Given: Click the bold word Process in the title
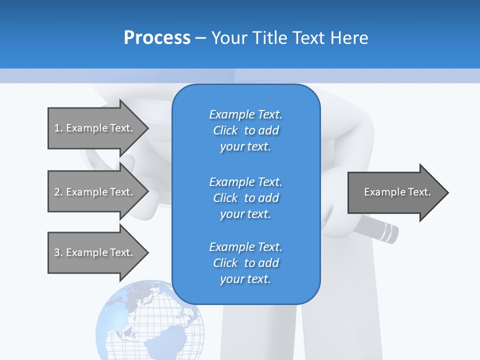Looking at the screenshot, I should coord(157,38).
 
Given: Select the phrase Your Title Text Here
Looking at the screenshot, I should coord(289,38).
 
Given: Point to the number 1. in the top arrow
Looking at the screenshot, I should coord(58,128).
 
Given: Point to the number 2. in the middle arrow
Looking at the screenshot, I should coord(58,192).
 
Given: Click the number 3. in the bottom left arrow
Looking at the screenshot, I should coord(58,252).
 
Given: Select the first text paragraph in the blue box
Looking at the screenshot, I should coord(245,130).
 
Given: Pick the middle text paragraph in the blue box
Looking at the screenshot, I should coord(245,198).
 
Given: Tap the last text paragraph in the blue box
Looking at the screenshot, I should coord(245,263).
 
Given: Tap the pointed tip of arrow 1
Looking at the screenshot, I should coord(147,128).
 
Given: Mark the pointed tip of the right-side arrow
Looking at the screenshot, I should coord(447,192).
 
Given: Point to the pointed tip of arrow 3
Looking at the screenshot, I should coord(147,252).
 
